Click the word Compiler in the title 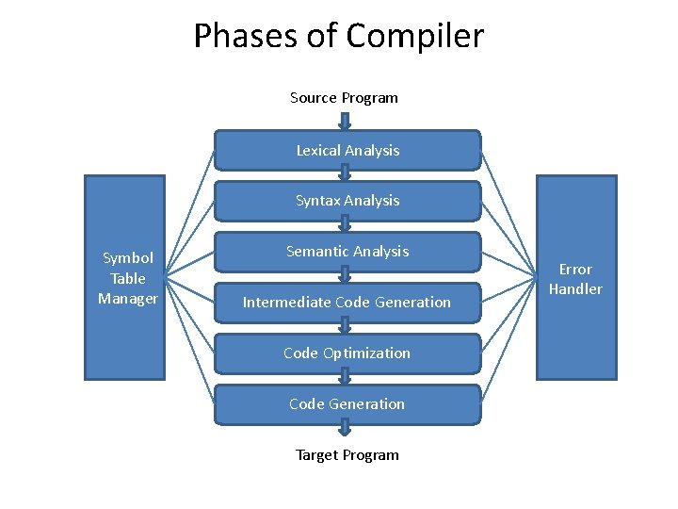pyautogui.click(x=414, y=37)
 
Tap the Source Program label pyautogui.click(x=344, y=98)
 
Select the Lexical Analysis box pyautogui.click(x=347, y=150)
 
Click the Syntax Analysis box pyautogui.click(x=347, y=201)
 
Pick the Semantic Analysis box pyautogui.click(x=347, y=252)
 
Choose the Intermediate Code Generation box pyautogui.click(x=347, y=303)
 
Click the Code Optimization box pyautogui.click(x=347, y=353)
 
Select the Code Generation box pyautogui.click(x=347, y=404)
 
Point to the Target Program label pyautogui.click(x=347, y=455)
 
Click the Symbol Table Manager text pyautogui.click(x=128, y=278)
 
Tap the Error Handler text pyautogui.click(x=575, y=279)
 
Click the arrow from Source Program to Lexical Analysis pyautogui.click(x=345, y=121)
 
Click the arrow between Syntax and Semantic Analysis pyautogui.click(x=345, y=224)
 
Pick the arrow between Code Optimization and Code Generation pyautogui.click(x=345, y=377)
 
